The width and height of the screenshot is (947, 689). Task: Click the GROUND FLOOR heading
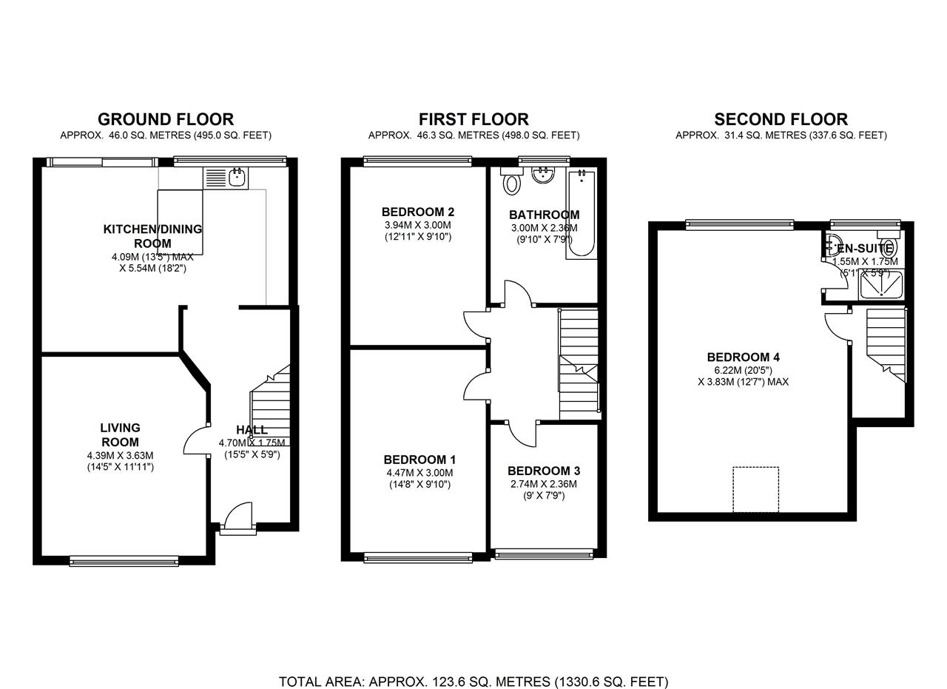coord(166,119)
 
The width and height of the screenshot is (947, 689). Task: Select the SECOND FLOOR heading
coord(781,119)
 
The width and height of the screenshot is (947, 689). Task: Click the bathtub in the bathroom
coord(581,214)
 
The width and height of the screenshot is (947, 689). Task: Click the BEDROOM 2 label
coord(417,212)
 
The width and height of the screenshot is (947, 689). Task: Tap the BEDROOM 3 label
coord(543,471)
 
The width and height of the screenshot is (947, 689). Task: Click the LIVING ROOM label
coord(120,434)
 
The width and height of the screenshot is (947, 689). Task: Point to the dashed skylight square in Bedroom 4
coord(755,489)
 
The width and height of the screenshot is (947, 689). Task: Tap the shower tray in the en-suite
coord(881,286)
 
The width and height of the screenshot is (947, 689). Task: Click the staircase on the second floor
coord(886,345)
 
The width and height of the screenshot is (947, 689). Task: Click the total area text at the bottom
coord(473,682)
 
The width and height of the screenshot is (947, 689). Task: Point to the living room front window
coord(124,561)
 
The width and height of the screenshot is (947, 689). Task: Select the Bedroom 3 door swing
coord(522,434)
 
